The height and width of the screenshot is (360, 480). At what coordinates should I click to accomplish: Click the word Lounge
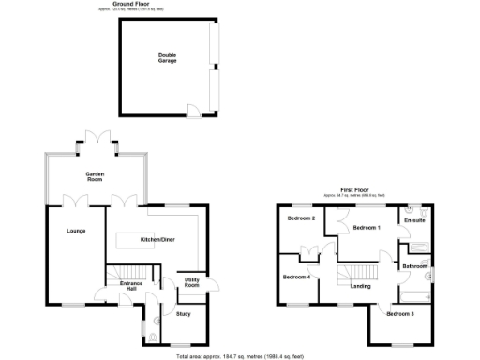[x=76, y=230]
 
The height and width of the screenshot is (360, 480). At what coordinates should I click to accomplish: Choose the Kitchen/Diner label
[x=157, y=240]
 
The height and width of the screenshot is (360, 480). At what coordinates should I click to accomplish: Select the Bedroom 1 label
[x=366, y=228]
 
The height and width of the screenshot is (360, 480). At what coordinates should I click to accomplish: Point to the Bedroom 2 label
[x=300, y=218]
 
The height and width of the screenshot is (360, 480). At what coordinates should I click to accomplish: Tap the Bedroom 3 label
[x=400, y=313]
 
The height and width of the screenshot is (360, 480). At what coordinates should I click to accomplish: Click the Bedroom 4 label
[x=297, y=277]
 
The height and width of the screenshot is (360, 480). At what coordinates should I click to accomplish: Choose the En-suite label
[x=414, y=220]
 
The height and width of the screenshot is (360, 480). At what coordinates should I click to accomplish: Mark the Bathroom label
[x=414, y=266]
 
